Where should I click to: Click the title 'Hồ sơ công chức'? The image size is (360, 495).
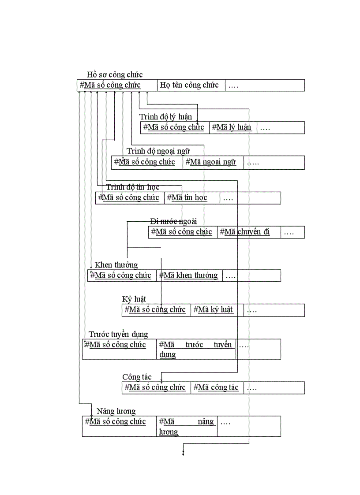pyautogui.click(x=115, y=74)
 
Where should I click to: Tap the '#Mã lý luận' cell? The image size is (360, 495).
pyautogui.click(x=232, y=127)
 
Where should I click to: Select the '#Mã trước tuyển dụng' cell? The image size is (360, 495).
pyautogui.click(x=195, y=349)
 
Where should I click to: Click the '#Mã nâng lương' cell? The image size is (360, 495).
pyautogui.click(x=187, y=426)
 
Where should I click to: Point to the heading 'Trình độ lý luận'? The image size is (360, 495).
pyautogui.click(x=165, y=116)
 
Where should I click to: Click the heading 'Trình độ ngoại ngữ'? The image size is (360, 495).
pyautogui.click(x=158, y=151)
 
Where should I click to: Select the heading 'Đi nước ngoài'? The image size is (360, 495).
pyautogui.click(x=173, y=220)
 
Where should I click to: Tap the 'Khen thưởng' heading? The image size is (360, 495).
pyautogui.click(x=116, y=264)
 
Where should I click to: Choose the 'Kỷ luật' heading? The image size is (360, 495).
pyautogui.click(x=134, y=299)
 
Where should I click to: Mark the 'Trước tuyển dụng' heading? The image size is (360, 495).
pyautogui.click(x=118, y=334)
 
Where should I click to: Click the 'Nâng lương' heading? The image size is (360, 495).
pyautogui.click(x=116, y=411)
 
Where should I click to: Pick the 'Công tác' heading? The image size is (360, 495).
pyautogui.click(x=137, y=377)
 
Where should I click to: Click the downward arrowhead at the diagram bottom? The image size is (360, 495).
pyautogui.click(x=183, y=454)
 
